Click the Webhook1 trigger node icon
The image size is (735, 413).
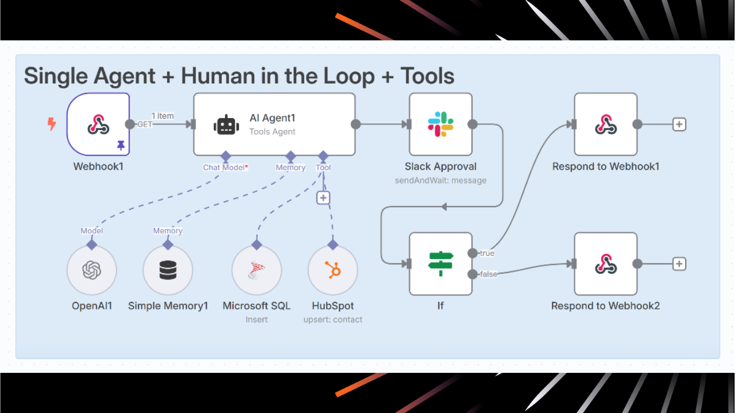click(98, 124)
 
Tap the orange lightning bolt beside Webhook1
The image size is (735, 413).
click(52, 123)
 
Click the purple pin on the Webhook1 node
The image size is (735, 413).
click(121, 146)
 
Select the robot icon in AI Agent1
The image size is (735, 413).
click(226, 124)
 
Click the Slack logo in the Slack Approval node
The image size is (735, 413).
click(440, 124)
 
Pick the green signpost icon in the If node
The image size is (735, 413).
click(440, 263)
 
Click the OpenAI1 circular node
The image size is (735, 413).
click(92, 270)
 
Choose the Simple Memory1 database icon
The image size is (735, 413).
click(168, 270)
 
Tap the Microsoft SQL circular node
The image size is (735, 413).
click(257, 270)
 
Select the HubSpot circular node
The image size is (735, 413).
click(332, 270)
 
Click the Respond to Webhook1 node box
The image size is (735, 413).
click(605, 124)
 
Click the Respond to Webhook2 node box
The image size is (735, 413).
click(605, 263)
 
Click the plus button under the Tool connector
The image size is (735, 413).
click(323, 197)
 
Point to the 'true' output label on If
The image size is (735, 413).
click(487, 253)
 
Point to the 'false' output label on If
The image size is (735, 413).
click(489, 274)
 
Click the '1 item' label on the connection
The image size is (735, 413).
click(163, 116)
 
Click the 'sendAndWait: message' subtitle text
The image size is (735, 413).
click(440, 180)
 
